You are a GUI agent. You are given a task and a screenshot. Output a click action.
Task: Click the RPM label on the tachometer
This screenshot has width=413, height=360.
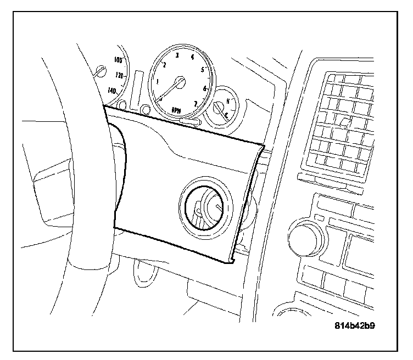pos(176,110)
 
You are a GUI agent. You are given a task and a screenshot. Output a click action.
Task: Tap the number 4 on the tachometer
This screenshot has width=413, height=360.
pos(192,57)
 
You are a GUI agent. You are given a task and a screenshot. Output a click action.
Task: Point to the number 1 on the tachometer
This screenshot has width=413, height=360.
pos(158,82)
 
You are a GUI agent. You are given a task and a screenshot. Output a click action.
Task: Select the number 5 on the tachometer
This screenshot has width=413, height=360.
pos(203,70)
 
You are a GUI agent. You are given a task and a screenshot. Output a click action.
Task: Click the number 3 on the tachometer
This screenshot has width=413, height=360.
pos(176,56)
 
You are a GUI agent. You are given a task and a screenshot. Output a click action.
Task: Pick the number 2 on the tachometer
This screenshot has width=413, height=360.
pos(164,65)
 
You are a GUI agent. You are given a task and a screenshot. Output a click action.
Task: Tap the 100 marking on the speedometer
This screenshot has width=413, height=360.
pos(117,60)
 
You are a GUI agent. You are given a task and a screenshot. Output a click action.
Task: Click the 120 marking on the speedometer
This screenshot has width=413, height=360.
pos(119,75)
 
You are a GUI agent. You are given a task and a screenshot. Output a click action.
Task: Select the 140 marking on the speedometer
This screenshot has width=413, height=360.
pos(114,91)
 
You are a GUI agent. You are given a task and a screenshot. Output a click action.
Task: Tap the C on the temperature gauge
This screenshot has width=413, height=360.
pos(226,114)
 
